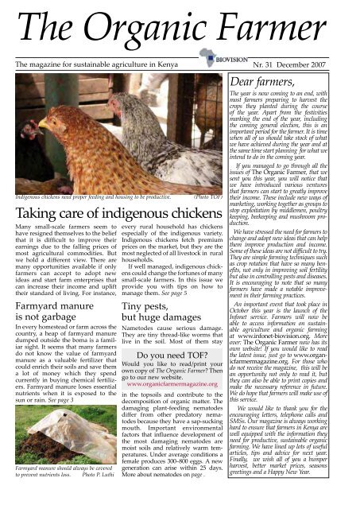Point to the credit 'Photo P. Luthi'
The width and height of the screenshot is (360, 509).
click(88, 503)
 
